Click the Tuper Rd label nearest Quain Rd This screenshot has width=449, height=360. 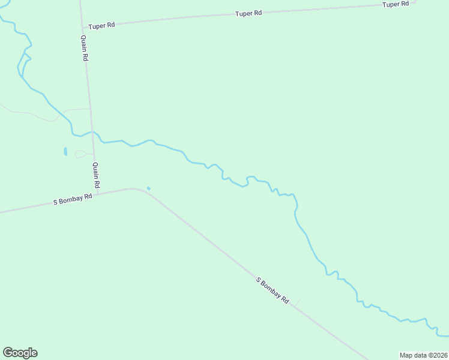[101, 26]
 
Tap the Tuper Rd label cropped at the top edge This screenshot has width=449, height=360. [396, 4]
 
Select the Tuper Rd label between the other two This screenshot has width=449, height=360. [248, 13]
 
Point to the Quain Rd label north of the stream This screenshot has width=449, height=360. [85, 48]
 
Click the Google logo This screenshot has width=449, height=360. [20, 353]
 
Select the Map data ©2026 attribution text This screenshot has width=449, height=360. [424, 355]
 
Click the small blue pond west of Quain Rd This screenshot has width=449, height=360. [65, 152]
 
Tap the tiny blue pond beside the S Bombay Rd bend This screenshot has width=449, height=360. [148, 188]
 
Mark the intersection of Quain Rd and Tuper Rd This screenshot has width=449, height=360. [82, 28]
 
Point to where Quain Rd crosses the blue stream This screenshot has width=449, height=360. [92, 132]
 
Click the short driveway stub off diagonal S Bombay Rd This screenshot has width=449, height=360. [297, 302]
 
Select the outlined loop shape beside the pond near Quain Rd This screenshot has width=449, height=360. [81, 154]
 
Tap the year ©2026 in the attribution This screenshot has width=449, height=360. [438, 355]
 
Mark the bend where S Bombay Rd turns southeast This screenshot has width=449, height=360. [143, 190]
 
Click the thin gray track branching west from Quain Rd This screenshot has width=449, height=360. [75, 110]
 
